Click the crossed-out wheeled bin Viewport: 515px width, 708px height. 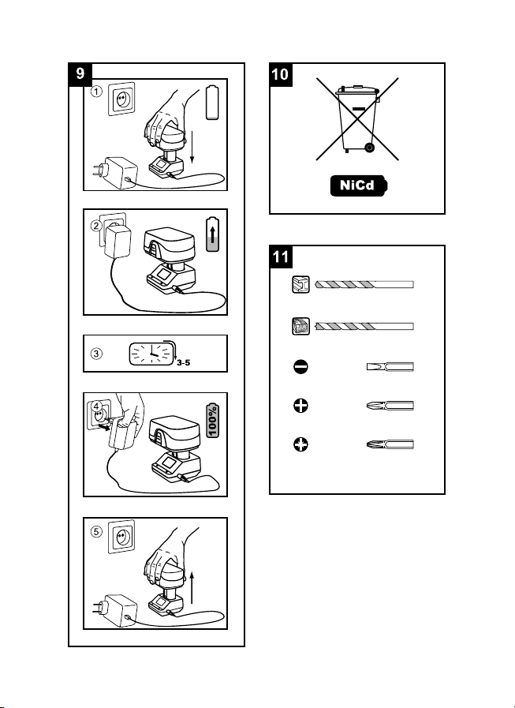coord(357,118)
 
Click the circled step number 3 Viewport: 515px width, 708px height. coord(95,353)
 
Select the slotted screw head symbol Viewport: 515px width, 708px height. coord(300,368)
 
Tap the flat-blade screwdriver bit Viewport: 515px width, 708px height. coord(390,368)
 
